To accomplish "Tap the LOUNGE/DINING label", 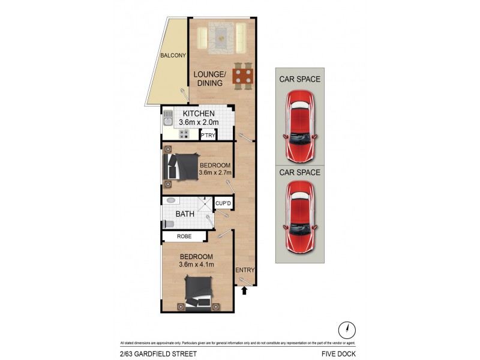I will [x=209, y=79].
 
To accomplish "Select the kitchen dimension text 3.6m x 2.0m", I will [x=199, y=122].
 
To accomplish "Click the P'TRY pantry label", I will [x=208, y=136].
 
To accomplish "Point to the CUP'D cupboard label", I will [x=223, y=203].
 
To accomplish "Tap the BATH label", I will [x=185, y=214].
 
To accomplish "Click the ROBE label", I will [x=185, y=236].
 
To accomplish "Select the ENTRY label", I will [x=245, y=270].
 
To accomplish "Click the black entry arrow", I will [x=244, y=292].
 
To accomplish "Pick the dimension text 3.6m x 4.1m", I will [x=196, y=264].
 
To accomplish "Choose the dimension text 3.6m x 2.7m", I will [x=215, y=174].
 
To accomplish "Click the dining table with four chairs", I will [x=243, y=76].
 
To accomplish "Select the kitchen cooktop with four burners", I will [x=184, y=134].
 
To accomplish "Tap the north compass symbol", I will [x=347, y=329].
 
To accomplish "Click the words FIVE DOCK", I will [x=342, y=354].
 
